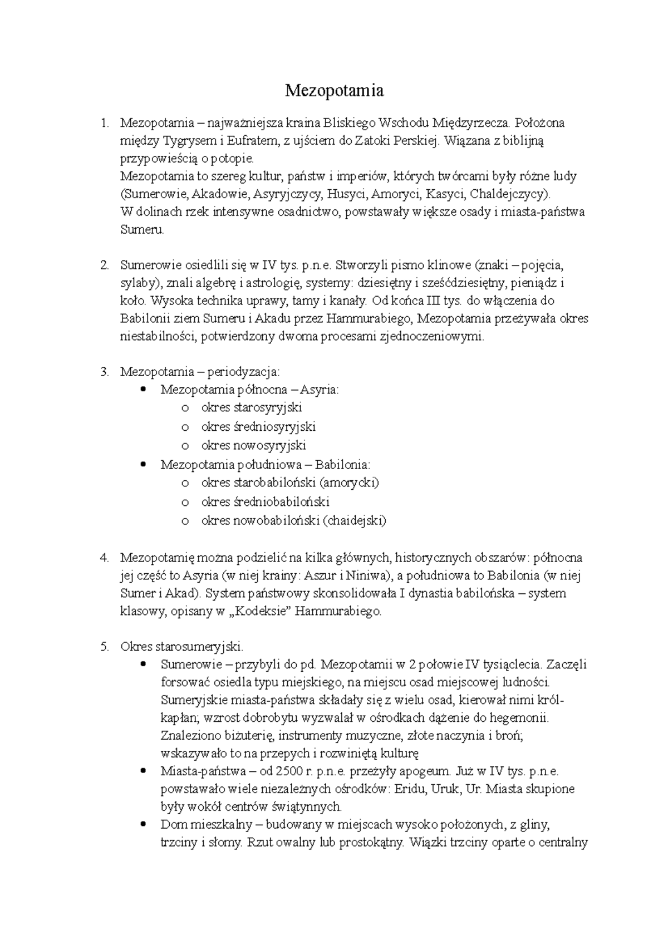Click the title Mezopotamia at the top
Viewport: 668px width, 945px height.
coord(334,90)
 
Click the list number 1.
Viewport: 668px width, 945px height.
coord(103,122)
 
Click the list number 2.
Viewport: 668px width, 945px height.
coord(104,265)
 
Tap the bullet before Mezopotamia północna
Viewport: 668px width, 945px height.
coord(144,389)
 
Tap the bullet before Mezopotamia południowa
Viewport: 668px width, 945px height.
coord(144,464)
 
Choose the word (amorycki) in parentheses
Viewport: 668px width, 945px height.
coord(351,482)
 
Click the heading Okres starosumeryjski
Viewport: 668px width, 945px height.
coord(181,647)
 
